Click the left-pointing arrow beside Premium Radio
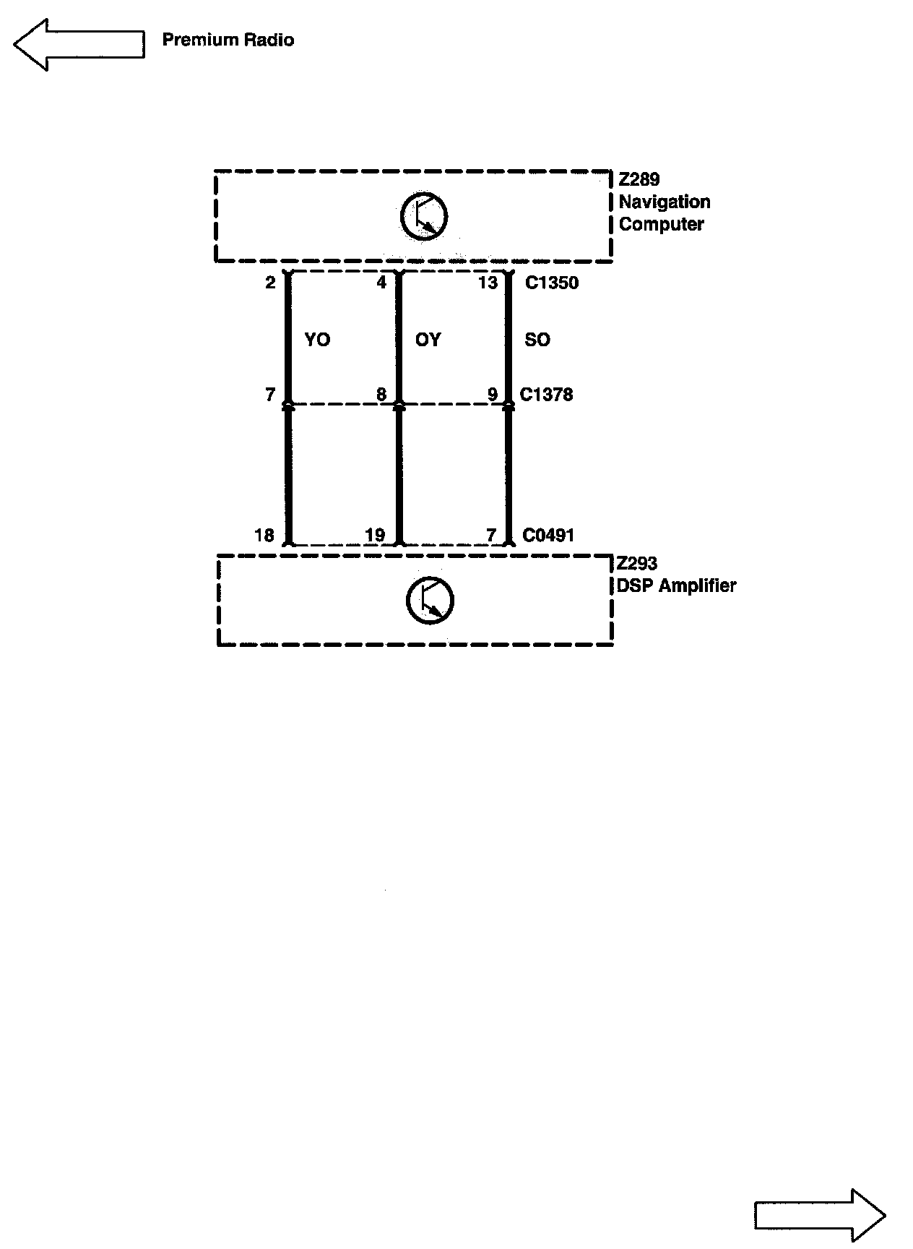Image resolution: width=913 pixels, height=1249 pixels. point(78,45)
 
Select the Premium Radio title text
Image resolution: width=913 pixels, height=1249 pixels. point(228,40)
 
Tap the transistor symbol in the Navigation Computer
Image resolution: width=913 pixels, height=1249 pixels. point(424,216)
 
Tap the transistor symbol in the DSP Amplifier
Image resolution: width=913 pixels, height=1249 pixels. point(430,600)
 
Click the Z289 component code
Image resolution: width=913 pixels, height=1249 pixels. point(639,179)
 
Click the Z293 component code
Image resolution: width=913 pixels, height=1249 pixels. point(636,564)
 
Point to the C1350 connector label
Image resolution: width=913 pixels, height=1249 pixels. point(552,283)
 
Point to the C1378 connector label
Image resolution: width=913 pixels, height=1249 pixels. point(546,395)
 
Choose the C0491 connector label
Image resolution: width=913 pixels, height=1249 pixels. point(548,536)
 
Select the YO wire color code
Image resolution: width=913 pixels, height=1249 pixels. point(317,340)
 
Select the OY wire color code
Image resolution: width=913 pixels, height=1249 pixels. point(428,340)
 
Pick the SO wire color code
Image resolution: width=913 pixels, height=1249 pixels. point(537,340)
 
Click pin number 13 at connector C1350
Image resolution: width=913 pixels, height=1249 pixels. point(488,283)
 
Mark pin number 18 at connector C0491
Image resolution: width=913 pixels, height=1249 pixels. point(264,536)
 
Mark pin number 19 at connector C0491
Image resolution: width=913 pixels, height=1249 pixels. point(375,536)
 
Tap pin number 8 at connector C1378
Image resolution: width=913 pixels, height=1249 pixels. point(381,395)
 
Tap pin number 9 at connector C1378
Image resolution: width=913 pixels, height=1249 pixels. point(493,395)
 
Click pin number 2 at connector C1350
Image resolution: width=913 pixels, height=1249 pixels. point(270,283)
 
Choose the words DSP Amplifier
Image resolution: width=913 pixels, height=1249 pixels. point(676,585)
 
